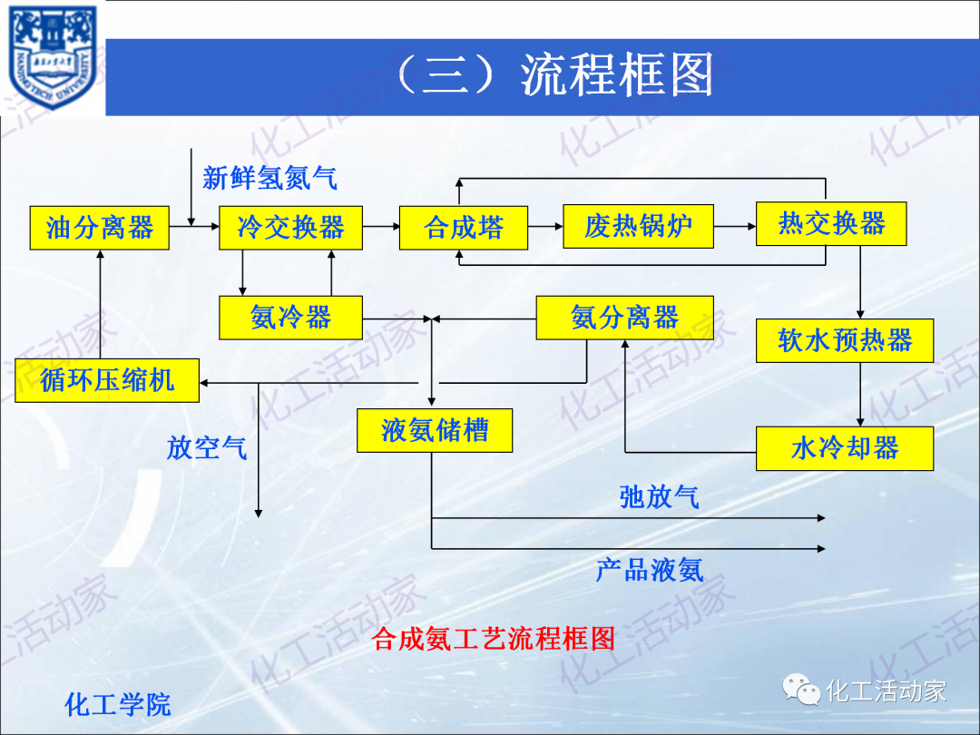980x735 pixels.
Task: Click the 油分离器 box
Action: pos(100,227)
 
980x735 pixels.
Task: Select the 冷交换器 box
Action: pos(290,227)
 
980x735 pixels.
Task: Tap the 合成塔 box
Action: pos(464,227)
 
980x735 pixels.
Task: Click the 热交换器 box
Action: pos(831,223)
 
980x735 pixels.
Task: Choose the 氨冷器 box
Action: pos(290,318)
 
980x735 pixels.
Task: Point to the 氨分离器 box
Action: pos(624,318)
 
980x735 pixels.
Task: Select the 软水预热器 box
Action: pos(845,340)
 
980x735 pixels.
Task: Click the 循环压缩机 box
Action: pos(107,380)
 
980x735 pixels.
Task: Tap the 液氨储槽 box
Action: pos(435,430)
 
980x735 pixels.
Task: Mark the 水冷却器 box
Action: pos(845,448)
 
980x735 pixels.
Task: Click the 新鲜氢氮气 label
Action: pos(269,178)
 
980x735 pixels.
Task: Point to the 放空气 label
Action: pos(206,447)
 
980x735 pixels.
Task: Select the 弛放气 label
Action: pos(659,496)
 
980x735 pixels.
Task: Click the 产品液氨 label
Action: pos(649,570)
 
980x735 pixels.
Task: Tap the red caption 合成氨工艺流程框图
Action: pos(494,639)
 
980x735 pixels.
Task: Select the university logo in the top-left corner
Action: pos(53,57)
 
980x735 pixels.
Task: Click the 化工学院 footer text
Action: pos(118,704)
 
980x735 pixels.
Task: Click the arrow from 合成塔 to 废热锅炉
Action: pos(545,226)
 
